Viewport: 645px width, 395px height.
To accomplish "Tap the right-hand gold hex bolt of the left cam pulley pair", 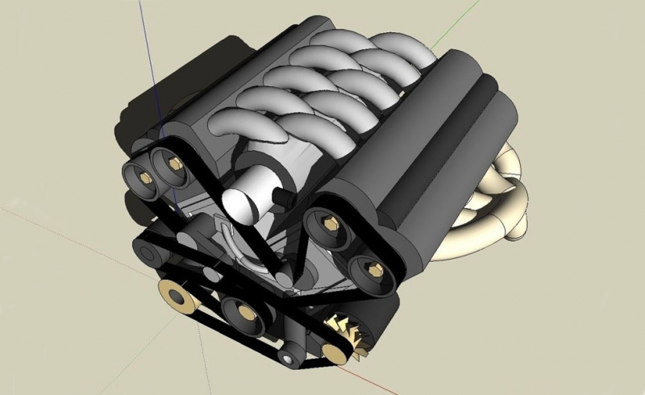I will [175, 164].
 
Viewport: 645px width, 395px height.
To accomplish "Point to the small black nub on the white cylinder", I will [284, 196].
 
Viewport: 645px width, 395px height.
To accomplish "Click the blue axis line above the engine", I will [148, 48].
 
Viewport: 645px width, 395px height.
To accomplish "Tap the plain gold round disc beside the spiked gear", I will [333, 349].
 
